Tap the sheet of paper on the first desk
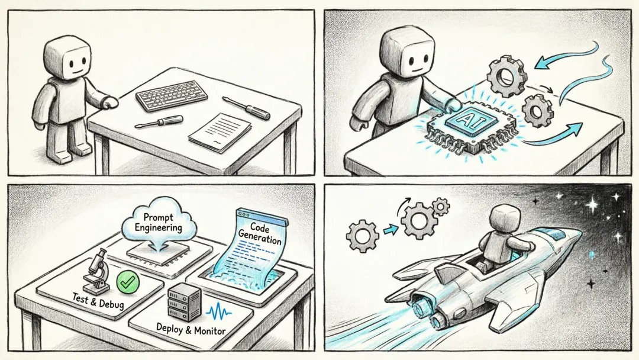(220, 132)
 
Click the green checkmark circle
(128, 281)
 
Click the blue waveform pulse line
(219, 311)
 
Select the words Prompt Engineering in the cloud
(159, 223)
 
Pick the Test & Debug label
(98, 300)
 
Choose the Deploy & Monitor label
(191, 328)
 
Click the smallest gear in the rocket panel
(440, 206)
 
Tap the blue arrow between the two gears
(389, 230)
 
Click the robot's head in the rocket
(504, 220)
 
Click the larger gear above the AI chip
(507, 76)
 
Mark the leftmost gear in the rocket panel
(362, 236)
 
